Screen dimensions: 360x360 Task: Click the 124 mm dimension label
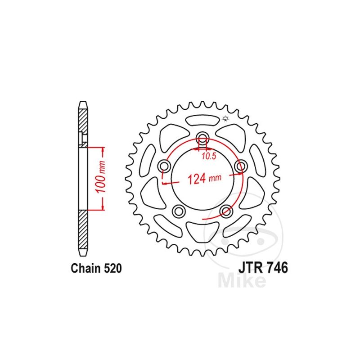point(205,179)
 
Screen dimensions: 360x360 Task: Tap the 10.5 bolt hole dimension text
point(209,156)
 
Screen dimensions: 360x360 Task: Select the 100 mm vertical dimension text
point(100,177)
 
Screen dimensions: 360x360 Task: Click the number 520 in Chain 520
point(113,268)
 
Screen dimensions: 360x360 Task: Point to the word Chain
point(86,268)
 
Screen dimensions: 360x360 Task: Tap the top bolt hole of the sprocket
point(202,138)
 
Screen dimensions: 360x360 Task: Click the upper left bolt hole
point(164,166)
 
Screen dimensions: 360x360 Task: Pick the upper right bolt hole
point(241,166)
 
